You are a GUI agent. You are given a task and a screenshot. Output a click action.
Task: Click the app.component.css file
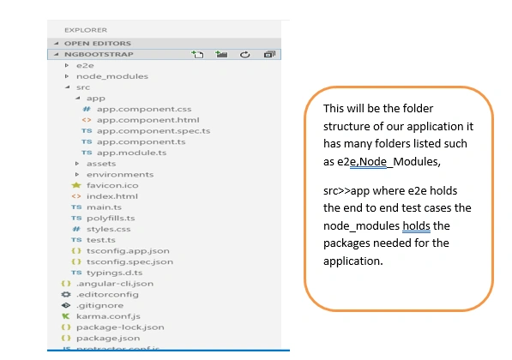pos(144,109)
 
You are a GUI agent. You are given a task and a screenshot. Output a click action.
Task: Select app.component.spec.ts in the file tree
pos(154,131)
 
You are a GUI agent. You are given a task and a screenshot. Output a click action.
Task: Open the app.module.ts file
pos(131,153)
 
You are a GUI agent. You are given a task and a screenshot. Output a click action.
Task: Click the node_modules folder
pos(112,76)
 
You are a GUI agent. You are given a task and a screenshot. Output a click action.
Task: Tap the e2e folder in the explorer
pos(85,66)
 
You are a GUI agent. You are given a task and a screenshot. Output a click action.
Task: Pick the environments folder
pos(120,175)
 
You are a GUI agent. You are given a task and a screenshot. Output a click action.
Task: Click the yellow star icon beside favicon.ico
pos(76,185)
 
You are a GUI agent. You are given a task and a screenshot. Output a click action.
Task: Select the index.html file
pos(112,196)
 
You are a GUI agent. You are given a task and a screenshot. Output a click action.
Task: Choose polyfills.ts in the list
pos(111,219)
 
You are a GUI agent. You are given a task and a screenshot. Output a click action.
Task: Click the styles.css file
pos(108,229)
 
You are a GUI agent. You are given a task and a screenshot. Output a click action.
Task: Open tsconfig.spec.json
pos(130,261)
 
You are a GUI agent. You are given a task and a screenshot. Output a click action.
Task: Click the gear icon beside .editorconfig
pos(66,294)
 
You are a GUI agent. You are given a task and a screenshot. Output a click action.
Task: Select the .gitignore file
pos(99,305)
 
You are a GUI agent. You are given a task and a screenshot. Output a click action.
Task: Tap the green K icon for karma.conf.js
pos(66,316)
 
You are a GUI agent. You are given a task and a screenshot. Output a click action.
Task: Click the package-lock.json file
pos(120,327)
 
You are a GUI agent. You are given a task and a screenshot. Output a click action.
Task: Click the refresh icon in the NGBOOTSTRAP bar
pos(245,55)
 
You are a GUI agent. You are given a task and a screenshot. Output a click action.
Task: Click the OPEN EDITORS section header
pos(97,44)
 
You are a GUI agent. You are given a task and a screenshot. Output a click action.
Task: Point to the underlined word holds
pos(416,225)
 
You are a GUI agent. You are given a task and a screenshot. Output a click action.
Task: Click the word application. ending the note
pos(353,261)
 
